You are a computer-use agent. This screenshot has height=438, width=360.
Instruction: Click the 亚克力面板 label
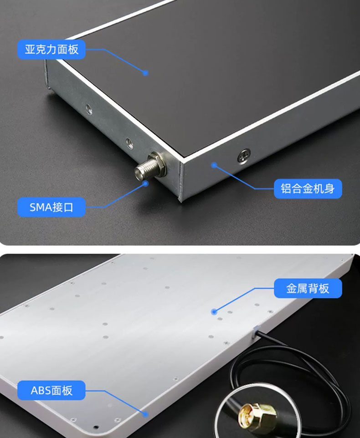(x=51, y=49)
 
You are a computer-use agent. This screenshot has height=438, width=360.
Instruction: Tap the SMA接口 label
(x=51, y=207)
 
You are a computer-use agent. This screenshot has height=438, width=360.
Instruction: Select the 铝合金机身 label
(x=308, y=188)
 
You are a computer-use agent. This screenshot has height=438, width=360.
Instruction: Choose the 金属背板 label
(x=308, y=288)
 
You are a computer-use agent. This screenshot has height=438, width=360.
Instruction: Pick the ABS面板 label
(x=51, y=390)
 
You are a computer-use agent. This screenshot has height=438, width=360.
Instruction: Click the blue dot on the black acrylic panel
(x=146, y=72)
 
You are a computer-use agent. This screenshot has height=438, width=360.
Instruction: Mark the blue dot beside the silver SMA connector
(x=146, y=183)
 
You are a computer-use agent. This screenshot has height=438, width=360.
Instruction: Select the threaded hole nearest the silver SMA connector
(x=129, y=143)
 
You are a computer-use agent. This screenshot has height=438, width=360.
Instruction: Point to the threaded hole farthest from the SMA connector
(x=88, y=108)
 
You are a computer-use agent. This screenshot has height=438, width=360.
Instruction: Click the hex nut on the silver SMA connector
(x=157, y=163)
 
